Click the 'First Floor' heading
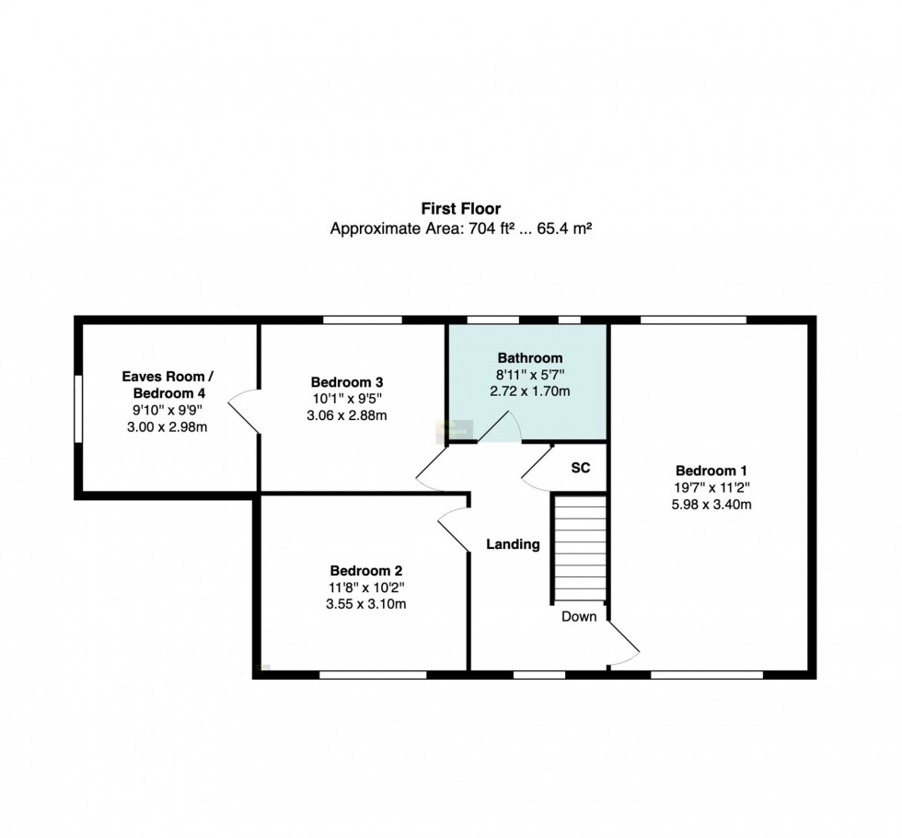click(x=461, y=208)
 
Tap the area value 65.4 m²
click(x=564, y=228)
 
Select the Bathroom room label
click(x=530, y=358)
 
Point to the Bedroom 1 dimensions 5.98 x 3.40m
click(x=711, y=505)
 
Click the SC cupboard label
click(x=581, y=468)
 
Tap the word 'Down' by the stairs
click(x=579, y=616)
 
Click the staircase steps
click(x=580, y=548)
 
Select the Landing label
click(x=514, y=544)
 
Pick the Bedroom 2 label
click(x=366, y=571)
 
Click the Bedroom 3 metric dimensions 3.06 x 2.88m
click(x=347, y=415)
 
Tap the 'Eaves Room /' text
click(x=168, y=377)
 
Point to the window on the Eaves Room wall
click(x=78, y=409)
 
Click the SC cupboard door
click(x=536, y=469)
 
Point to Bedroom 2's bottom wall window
click(x=373, y=674)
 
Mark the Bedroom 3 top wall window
click(x=363, y=320)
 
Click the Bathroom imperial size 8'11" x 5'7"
click(x=530, y=375)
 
